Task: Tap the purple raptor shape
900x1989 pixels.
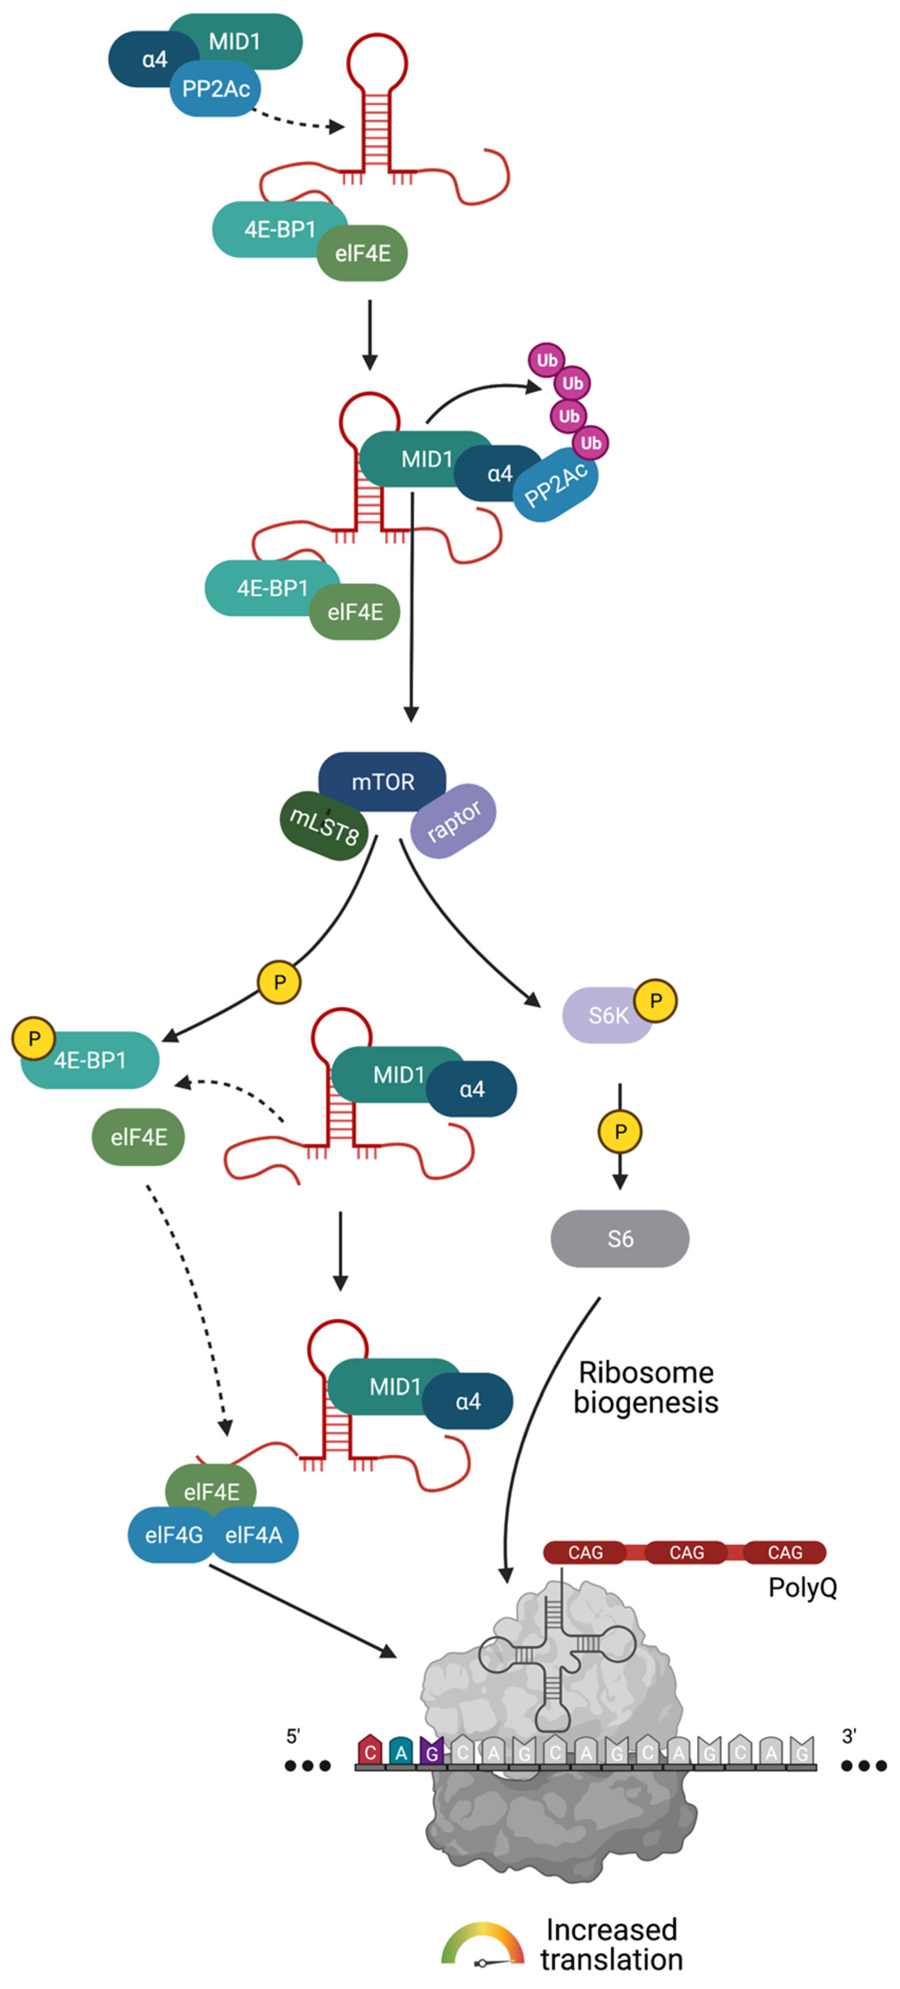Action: (x=454, y=821)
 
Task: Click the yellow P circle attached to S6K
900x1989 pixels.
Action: (x=656, y=1001)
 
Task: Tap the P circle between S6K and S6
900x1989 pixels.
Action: (x=620, y=1132)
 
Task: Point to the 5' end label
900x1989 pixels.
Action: (x=293, y=1737)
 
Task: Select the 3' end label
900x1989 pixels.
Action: (x=849, y=1737)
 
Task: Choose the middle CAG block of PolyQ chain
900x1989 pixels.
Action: (x=686, y=1552)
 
